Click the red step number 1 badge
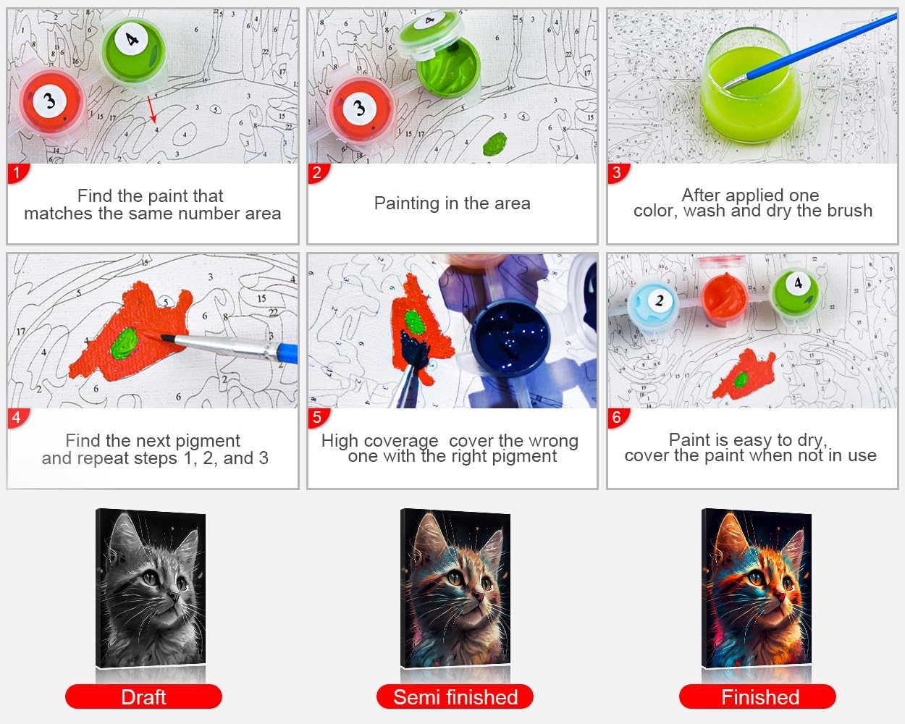(x=17, y=173)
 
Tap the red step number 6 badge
(x=618, y=418)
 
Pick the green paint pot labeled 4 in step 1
(x=133, y=51)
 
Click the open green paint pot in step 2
(x=448, y=67)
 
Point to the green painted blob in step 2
(x=494, y=143)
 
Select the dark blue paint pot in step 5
(x=510, y=336)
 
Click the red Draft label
(x=143, y=697)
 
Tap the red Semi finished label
(x=455, y=697)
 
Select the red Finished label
(x=757, y=697)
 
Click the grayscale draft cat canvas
(x=151, y=588)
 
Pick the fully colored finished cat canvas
(x=757, y=588)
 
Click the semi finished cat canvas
(x=455, y=588)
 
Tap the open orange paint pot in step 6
(x=725, y=298)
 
